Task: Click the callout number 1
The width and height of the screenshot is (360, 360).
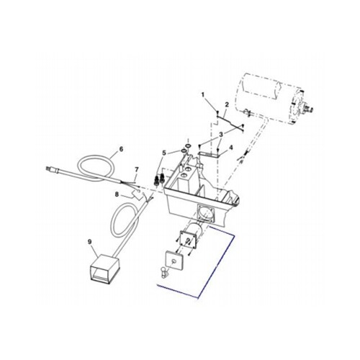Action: point(204,95)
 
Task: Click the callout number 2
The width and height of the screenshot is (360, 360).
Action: point(227,105)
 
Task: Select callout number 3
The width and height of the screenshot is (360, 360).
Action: point(221,134)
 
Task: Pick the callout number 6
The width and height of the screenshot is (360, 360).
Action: point(121,149)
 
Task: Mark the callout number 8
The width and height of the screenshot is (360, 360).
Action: point(116,194)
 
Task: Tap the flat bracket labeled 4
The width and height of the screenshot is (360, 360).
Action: point(209,153)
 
